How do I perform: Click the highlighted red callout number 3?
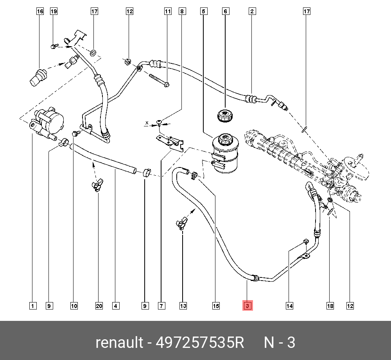[248, 306]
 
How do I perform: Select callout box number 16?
[40, 11]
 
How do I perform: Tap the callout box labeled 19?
[54, 11]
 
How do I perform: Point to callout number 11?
[168, 11]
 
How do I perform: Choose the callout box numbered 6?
[225, 11]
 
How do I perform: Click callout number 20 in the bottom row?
[99, 306]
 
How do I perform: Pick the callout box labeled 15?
[216, 306]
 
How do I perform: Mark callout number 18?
[330, 306]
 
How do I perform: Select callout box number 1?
[33, 306]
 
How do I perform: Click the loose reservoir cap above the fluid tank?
[225, 115]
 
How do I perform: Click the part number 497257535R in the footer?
[200, 343]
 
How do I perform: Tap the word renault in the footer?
[119, 343]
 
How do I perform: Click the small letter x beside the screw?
[147, 123]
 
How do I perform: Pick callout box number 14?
[289, 306]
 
